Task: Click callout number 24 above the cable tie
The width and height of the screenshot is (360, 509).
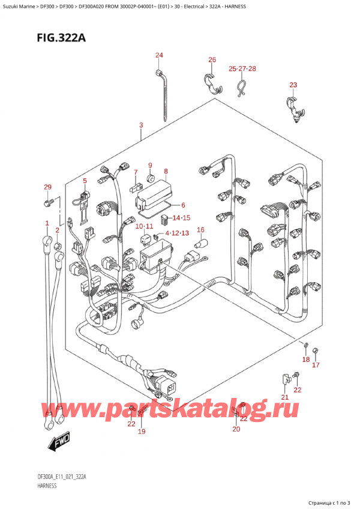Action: tap(159, 56)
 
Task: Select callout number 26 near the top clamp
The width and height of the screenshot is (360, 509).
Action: tap(212, 59)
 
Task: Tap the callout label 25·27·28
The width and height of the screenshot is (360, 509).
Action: tap(242, 69)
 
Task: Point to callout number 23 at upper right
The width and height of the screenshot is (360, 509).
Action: tap(293, 85)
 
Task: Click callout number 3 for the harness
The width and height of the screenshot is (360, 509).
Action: tap(140, 125)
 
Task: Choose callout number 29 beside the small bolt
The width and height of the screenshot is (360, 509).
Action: tap(47, 188)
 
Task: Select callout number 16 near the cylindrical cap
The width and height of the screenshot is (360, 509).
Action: tap(201, 229)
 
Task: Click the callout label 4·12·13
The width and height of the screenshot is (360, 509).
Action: tap(176, 232)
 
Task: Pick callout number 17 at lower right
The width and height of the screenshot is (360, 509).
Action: tap(316, 364)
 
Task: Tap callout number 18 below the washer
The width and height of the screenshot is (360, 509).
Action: tap(306, 360)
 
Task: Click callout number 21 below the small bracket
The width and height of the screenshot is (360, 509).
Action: tap(285, 397)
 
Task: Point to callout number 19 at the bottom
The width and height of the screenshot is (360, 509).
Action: tap(142, 432)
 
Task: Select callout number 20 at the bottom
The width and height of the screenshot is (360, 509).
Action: tap(236, 429)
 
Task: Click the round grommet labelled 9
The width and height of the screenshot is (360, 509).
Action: tap(150, 178)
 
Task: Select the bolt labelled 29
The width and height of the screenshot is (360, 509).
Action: tap(47, 203)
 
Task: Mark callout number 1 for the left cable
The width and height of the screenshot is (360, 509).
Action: tap(47, 223)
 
